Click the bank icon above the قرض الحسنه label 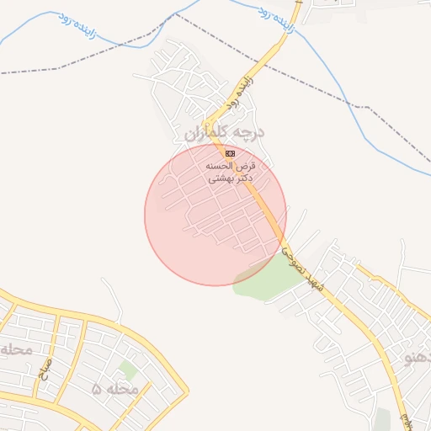click(x=230, y=153)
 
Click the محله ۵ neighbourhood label click(x=114, y=389)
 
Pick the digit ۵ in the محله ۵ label click(x=97, y=389)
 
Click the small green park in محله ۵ click(x=128, y=370)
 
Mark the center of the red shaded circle click(x=215, y=215)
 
